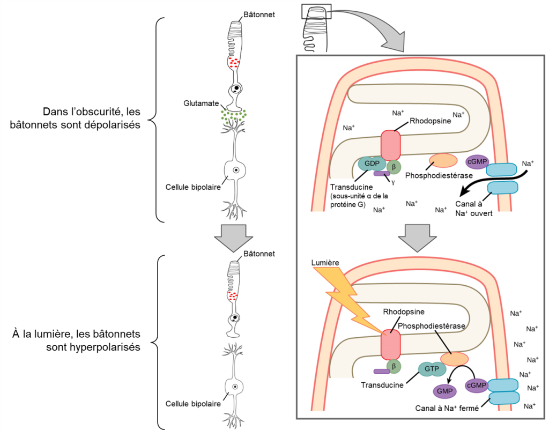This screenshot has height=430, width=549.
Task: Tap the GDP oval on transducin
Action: tap(371, 164)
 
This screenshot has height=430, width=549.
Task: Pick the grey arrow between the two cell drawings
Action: tap(229, 237)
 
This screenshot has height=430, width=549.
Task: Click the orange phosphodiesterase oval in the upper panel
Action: tap(443, 161)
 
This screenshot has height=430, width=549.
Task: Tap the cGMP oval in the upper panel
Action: tap(476, 161)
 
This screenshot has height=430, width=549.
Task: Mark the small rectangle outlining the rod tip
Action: tap(317, 11)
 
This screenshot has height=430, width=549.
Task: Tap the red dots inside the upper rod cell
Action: tap(233, 63)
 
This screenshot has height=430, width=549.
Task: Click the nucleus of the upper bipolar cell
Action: tap(234, 170)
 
